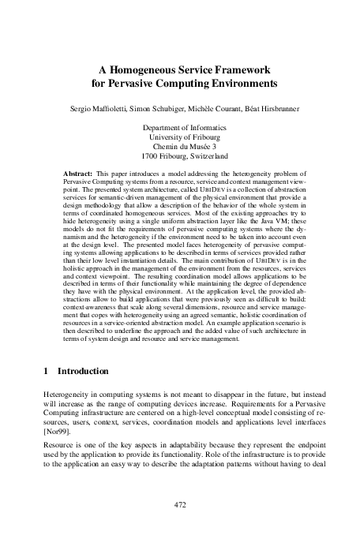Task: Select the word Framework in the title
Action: click(x=240, y=68)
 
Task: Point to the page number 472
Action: click(x=180, y=503)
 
